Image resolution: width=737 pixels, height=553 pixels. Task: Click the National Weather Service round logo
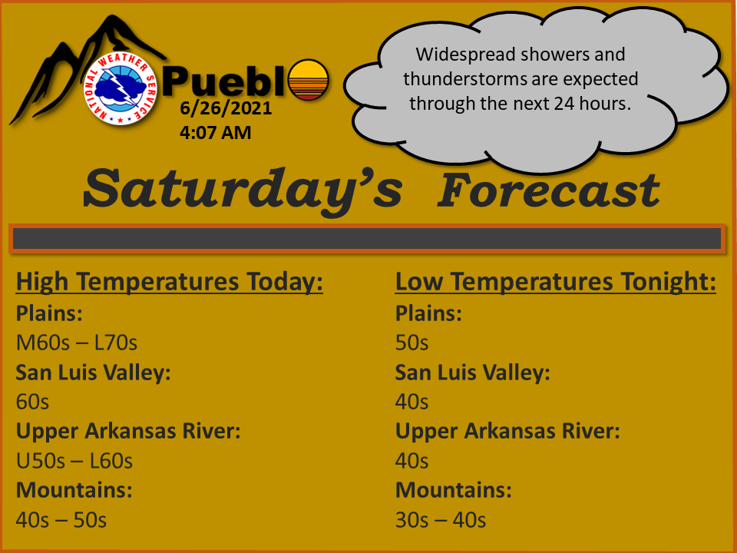coord(120,88)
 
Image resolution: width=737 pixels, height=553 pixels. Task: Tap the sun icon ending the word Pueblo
coord(309,80)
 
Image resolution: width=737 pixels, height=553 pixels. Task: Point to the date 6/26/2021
coord(226,108)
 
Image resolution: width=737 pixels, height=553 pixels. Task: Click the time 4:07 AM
coord(215,133)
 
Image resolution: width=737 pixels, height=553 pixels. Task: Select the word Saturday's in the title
coord(243,190)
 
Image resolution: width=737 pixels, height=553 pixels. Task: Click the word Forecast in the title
coord(548,190)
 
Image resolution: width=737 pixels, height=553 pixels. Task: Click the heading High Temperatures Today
coord(169,282)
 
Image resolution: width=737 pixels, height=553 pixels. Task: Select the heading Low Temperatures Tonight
coord(555,282)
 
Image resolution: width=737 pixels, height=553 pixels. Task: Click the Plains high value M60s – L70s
coord(77,343)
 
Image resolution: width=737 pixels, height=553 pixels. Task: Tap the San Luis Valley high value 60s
coord(32,402)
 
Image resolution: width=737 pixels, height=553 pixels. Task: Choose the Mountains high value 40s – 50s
coord(61,521)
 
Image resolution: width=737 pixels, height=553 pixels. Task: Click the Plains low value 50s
coord(411,343)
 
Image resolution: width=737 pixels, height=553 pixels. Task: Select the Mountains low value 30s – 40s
coord(441,521)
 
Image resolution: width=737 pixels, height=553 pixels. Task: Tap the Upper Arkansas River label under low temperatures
coord(507,431)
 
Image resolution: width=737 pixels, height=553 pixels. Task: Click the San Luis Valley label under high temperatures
coord(94,373)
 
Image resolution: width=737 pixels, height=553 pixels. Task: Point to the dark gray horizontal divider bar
coord(367,239)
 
